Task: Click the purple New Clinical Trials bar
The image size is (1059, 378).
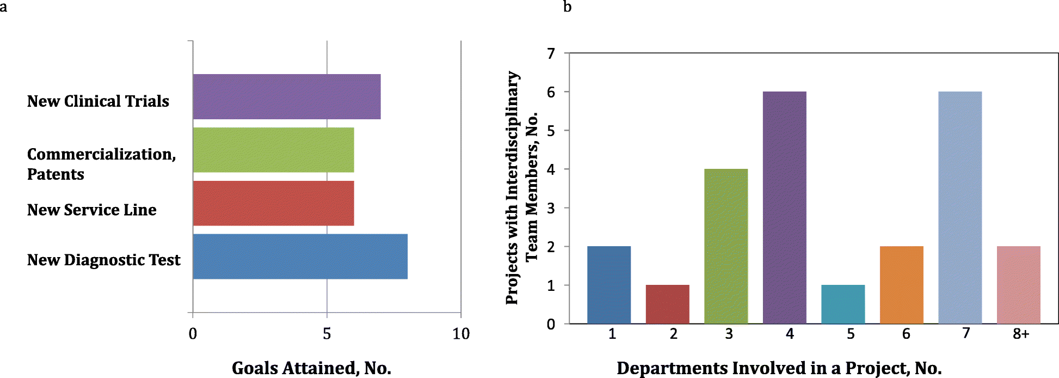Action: pyautogui.click(x=286, y=96)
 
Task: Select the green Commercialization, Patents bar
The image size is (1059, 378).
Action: pyautogui.click(x=273, y=150)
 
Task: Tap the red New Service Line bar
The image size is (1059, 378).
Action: pyautogui.click(x=273, y=203)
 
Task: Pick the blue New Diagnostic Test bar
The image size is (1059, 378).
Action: pyautogui.click(x=300, y=257)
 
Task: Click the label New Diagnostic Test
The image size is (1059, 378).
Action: pyautogui.click(x=103, y=260)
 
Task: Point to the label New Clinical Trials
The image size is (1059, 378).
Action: pyautogui.click(x=98, y=101)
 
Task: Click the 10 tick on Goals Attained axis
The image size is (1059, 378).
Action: pyautogui.click(x=461, y=334)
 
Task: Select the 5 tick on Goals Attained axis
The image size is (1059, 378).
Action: pyautogui.click(x=327, y=334)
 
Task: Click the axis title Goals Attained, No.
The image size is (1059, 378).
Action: pyautogui.click(x=311, y=368)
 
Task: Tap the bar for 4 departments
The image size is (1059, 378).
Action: pyautogui.click(x=784, y=208)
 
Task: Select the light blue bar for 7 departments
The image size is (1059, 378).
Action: pyautogui.click(x=960, y=208)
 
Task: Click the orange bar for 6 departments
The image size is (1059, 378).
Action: pyautogui.click(x=901, y=285)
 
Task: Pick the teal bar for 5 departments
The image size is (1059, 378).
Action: pyautogui.click(x=843, y=304)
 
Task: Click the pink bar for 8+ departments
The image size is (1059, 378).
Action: pyautogui.click(x=1018, y=285)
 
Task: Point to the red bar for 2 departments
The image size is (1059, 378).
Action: pyautogui.click(x=667, y=304)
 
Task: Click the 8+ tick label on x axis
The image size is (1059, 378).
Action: pyautogui.click(x=1021, y=334)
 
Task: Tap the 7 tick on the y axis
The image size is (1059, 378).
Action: pyautogui.click(x=551, y=53)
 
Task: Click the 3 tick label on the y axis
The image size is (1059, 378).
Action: pyautogui.click(x=551, y=208)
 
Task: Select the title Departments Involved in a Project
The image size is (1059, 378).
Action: pyautogui.click(x=779, y=368)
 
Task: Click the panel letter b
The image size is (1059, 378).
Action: pyautogui.click(x=567, y=7)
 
